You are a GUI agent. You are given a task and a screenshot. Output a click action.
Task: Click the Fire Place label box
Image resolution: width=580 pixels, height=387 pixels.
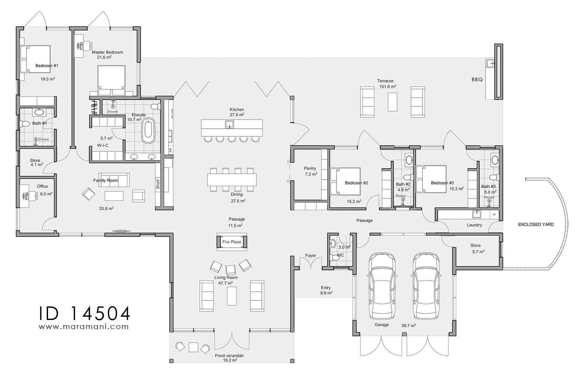231,242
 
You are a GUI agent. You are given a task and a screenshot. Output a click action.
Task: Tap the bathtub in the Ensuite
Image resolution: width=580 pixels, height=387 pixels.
148,131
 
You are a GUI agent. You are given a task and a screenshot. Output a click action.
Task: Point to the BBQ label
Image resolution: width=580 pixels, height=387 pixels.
477,80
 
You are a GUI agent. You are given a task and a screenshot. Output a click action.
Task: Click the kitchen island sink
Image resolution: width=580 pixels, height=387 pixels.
229,124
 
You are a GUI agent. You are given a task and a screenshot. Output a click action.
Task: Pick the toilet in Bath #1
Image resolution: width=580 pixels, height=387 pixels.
24,124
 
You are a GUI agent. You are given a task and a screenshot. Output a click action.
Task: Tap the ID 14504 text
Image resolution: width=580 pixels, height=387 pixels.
84,313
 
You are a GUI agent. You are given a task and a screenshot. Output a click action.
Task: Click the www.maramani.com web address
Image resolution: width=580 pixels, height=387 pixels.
84,326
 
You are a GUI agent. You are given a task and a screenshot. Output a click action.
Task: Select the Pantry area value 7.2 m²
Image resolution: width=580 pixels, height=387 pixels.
311,174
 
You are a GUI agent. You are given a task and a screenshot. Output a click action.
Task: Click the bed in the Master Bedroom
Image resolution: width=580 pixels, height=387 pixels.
111,79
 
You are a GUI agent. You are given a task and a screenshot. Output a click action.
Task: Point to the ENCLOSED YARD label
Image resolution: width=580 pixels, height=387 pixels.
536,224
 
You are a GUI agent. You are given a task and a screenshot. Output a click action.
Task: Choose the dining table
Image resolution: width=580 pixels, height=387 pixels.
232,180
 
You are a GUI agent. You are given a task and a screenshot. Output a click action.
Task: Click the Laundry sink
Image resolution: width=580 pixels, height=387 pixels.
476,214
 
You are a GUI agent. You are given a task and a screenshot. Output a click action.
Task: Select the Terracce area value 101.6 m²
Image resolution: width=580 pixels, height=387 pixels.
387,87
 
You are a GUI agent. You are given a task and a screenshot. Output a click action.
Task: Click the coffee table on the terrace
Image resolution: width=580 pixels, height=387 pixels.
392,102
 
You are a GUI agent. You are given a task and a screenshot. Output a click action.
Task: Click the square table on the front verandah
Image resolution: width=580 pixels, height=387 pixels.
193,347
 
